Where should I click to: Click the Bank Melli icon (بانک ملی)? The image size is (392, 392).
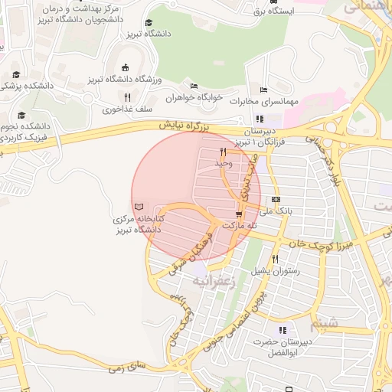tap(276, 199)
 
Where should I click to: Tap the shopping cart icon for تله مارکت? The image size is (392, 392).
tap(239, 215)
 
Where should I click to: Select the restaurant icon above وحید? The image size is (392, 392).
tap(223, 152)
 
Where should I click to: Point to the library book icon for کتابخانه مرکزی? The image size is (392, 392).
tap(138, 207)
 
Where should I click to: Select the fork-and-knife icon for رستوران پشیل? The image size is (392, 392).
tap(275, 259)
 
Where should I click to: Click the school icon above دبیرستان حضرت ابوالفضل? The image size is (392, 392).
tap(283, 331)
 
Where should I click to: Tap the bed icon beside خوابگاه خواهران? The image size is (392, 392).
tap(194, 85)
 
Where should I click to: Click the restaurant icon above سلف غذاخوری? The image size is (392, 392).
tap(127, 97)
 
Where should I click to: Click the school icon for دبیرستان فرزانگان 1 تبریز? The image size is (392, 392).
tap(259, 119)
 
